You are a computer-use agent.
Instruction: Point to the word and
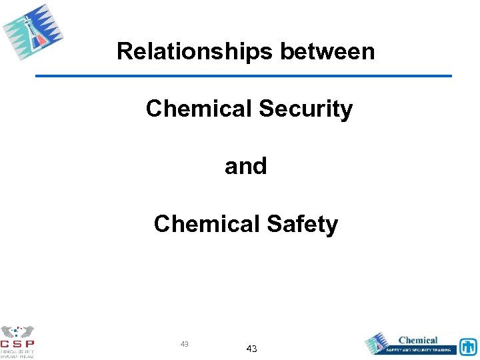click(x=246, y=166)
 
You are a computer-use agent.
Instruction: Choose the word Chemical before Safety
click(x=207, y=224)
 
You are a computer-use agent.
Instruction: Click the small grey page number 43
click(x=185, y=344)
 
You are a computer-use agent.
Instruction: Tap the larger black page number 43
click(x=251, y=349)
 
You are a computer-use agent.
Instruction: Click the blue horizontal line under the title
click(x=243, y=76)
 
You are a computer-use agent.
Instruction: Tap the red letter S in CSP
click(x=18, y=344)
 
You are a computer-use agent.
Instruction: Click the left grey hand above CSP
click(x=9, y=332)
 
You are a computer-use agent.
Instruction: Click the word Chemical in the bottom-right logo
click(x=418, y=341)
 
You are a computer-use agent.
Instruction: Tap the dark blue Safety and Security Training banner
click(x=420, y=349)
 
